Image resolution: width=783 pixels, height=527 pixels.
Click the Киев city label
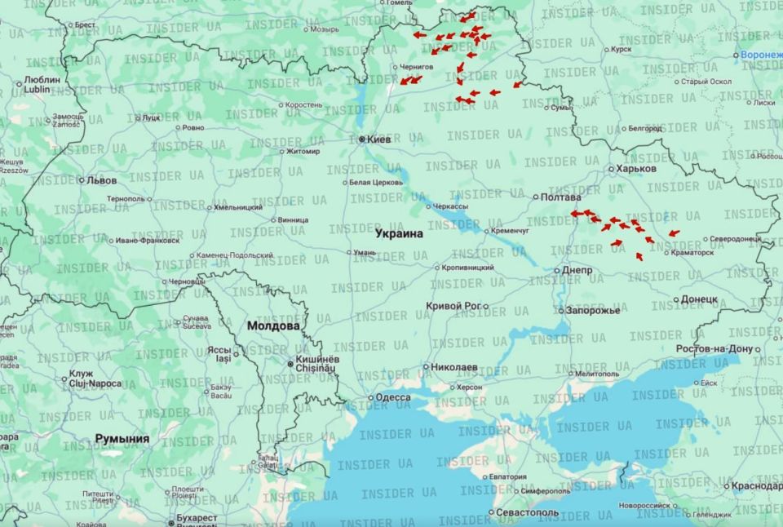[x=379, y=139]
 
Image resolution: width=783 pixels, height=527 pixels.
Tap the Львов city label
[x=102, y=180]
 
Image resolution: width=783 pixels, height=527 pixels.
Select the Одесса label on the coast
[x=393, y=398]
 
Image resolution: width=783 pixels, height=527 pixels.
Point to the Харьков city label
[x=636, y=169]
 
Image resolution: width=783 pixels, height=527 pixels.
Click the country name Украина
[x=399, y=233]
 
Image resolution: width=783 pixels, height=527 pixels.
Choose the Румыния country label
[x=122, y=439]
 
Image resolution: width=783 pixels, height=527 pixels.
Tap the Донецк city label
[x=699, y=299]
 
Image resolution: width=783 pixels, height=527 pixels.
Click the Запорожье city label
[x=593, y=310]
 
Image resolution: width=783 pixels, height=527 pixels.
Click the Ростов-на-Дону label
[x=714, y=349]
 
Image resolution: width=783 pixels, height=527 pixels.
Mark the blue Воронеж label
[x=761, y=55]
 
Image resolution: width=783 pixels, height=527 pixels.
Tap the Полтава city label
[x=562, y=197]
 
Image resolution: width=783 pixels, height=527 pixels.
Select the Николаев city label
[x=454, y=367]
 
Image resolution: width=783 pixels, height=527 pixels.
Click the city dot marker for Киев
[x=362, y=139]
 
